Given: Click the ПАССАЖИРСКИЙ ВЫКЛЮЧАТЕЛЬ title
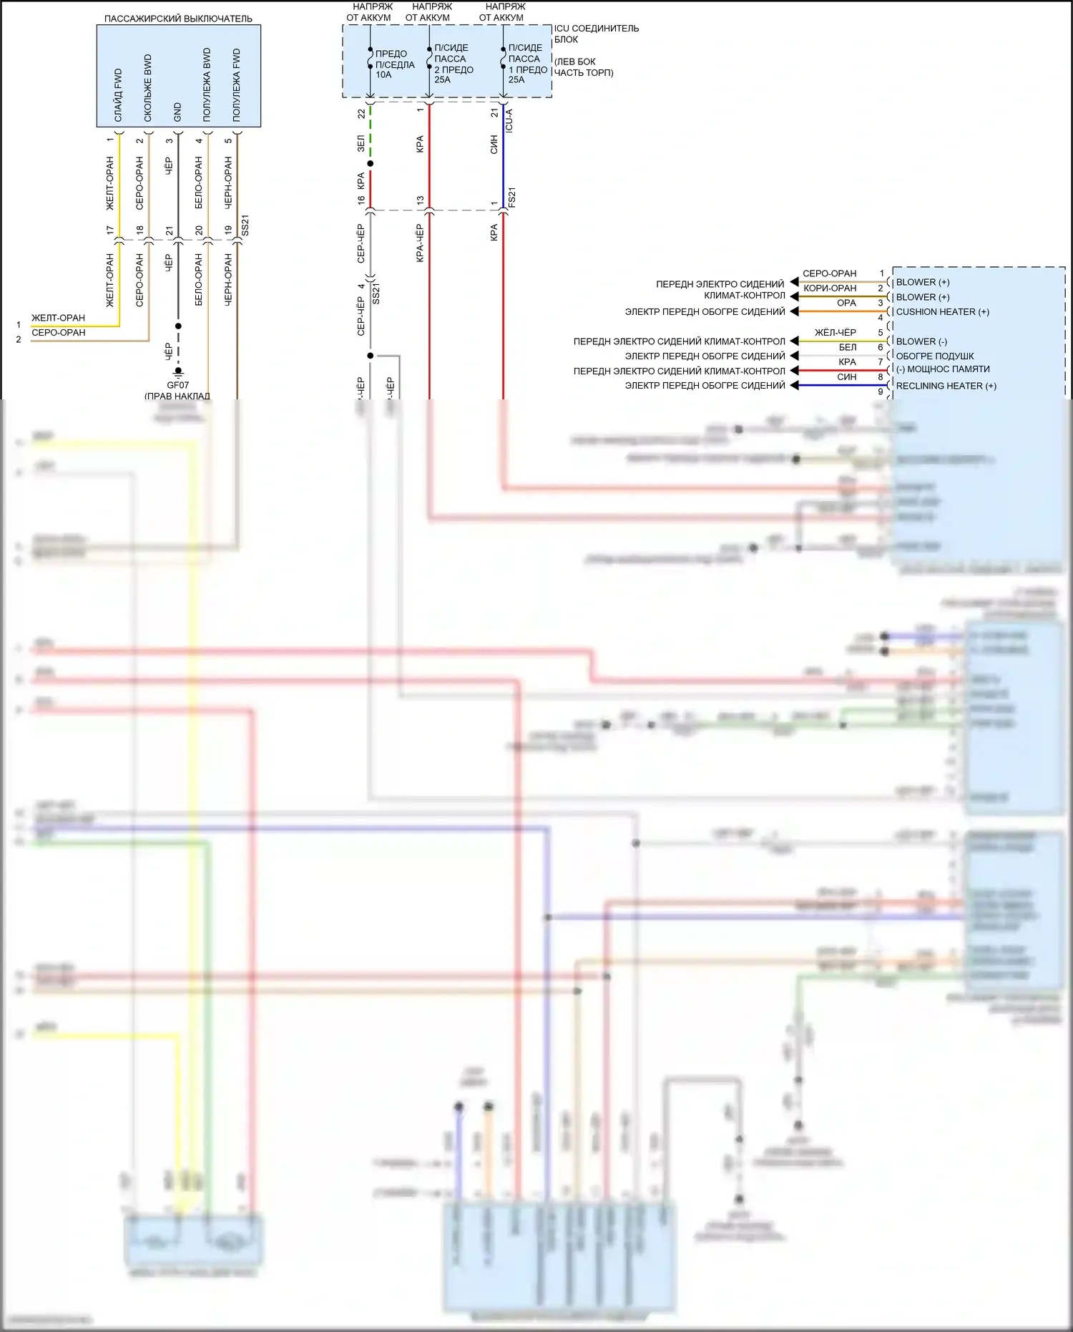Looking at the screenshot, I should click(x=178, y=19).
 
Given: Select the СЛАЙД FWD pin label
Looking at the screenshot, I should click(x=119, y=94).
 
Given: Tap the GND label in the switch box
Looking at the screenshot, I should click(x=177, y=111).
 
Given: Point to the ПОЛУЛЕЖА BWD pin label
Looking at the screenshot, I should click(x=207, y=84).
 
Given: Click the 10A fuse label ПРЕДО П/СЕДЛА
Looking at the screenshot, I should click(x=394, y=64).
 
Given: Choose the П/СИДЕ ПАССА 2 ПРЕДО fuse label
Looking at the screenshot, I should click(x=453, y=64).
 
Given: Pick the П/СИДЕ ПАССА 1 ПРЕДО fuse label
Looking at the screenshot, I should click(x=527, y=64).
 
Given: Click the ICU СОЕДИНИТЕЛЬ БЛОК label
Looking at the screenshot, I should click(x=596, y=34).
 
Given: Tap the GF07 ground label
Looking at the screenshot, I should click(x=177, y=385).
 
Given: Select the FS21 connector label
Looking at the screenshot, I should click(x=511, y=198).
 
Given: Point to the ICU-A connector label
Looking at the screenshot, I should click(x=509, y=120).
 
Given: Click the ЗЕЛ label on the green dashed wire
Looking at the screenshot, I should click(x=361, y=144).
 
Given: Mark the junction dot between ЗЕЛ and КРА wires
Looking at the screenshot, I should click(x=370, y=164).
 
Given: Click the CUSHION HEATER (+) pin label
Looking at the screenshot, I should click(x=942, y=312).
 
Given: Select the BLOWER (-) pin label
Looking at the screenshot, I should click(x=921, y=341).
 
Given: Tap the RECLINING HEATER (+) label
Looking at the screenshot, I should click(x=946, y=386).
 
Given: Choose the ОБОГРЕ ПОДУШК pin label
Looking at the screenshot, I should click(x=934, y=356).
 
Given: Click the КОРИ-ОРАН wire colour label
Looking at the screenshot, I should click(x=829, y=288).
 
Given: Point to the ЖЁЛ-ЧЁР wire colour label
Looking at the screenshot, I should click(x=835, y=332).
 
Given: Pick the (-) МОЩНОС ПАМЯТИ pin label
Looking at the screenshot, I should click(x=943, y=369).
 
